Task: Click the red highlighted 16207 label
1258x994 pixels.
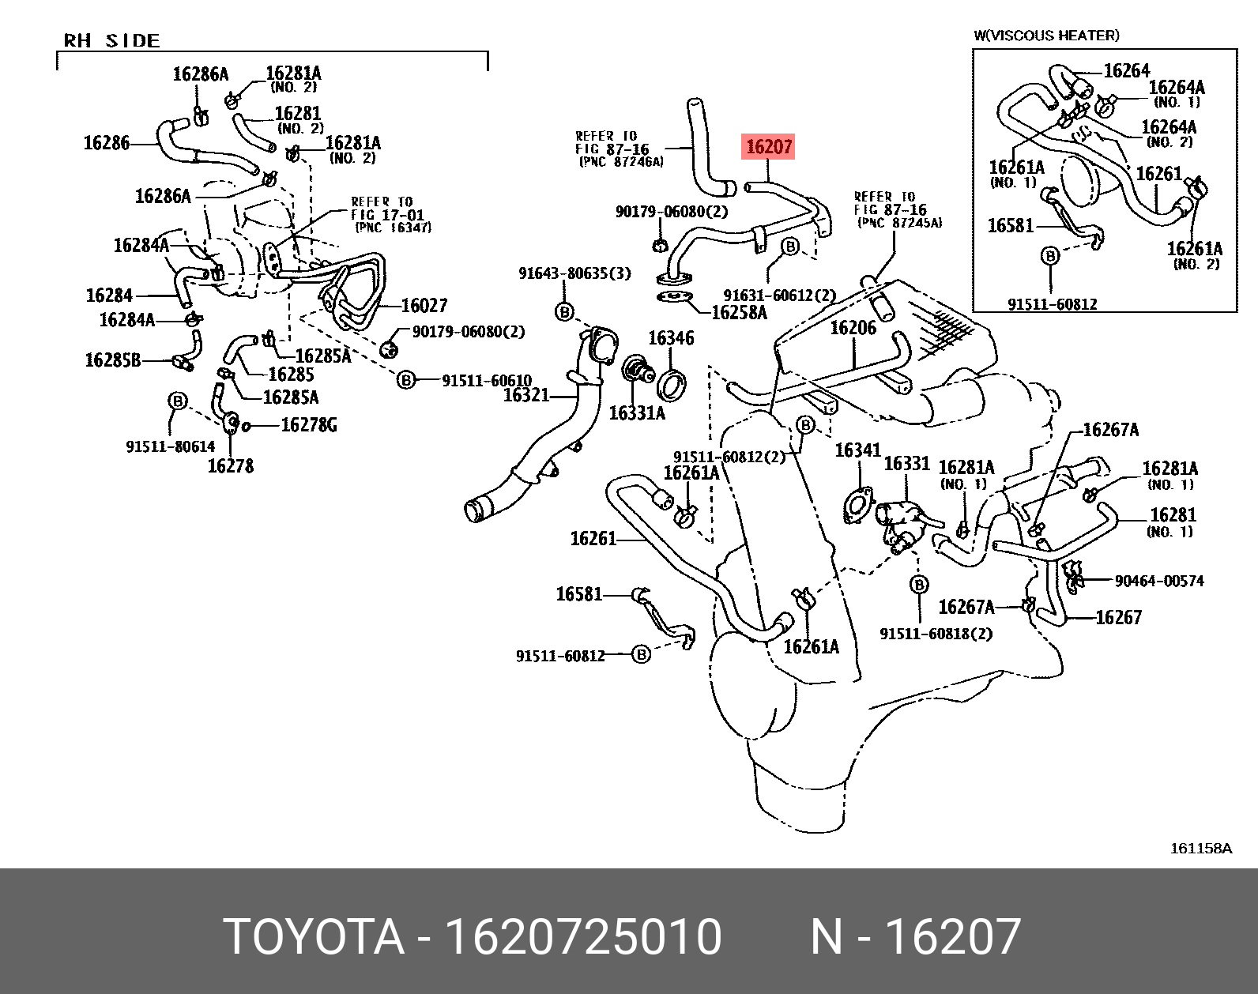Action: click(768, 146)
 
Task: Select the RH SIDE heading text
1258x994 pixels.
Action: click(111, 40)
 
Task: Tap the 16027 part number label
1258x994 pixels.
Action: click(424, 305)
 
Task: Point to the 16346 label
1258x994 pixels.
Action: click(671, 338)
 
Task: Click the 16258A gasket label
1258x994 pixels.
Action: click(739, 312)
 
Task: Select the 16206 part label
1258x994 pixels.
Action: click(853, 327)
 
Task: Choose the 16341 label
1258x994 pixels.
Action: click(857, 450)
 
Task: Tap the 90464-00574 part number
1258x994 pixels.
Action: click(1158, 581)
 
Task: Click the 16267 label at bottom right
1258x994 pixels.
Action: click(1118, 617)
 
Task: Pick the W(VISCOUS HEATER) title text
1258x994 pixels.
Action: click(1045, 36)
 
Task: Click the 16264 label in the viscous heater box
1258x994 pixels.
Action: click(1126, 71)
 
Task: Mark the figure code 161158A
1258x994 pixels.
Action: click(1201, 849)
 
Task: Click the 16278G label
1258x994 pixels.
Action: click(309, 425)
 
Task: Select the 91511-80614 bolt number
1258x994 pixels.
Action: click(170, 446)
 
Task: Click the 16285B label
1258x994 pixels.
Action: click(112, 360)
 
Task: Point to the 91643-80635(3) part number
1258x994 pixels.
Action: click(574, 273)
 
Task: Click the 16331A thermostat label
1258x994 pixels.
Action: click(637, 412)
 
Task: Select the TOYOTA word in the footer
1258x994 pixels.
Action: click(314, 937)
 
